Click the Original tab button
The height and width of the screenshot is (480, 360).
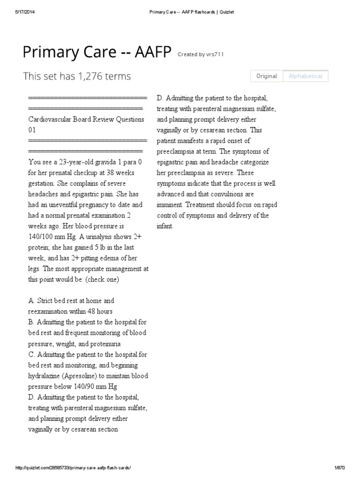coord(267,76)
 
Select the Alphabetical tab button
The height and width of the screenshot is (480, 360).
coord(305,76)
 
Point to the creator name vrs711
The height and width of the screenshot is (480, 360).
coord(215,54)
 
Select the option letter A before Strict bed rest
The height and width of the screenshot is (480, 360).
coord(31,300)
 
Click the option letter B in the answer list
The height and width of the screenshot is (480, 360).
coord(31,322)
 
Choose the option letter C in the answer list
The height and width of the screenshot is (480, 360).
coord(31,354)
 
